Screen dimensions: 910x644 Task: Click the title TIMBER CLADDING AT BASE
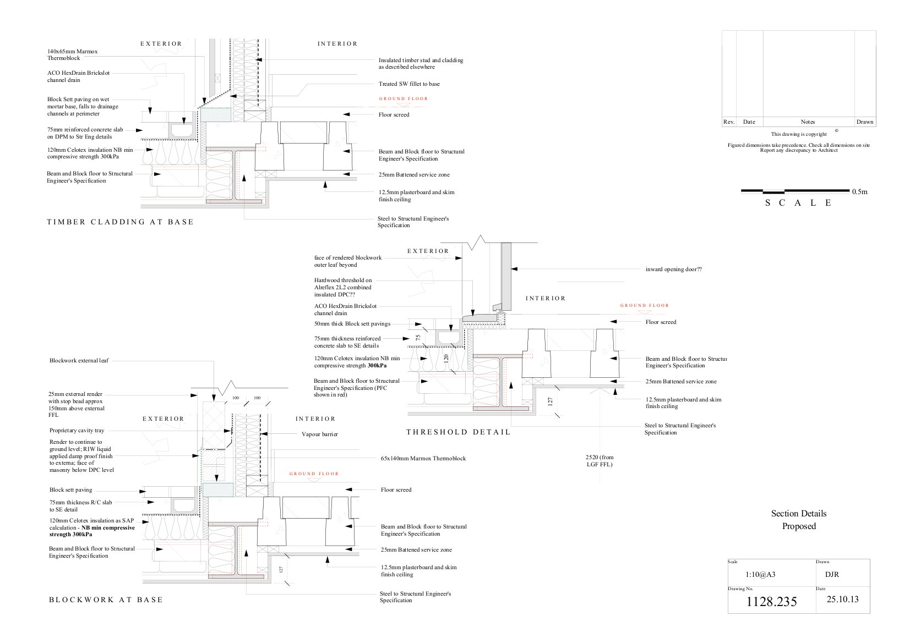[x=120, y=222]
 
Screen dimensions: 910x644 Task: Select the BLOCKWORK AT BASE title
[x=106, y=600]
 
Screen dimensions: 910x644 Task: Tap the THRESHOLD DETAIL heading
[x=458, y=432]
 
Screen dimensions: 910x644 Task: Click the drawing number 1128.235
[x=771, y=602]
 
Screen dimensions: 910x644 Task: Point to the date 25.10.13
[x=843, y=599]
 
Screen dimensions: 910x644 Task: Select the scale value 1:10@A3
[x=760, y=575]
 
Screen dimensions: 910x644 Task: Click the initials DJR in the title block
[x=832, y=575]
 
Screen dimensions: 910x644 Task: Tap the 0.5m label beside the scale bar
[x=859, y=192]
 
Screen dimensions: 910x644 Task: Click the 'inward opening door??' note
[x=674, y=269]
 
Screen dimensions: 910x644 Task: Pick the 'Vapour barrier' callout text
[x=320, y=434]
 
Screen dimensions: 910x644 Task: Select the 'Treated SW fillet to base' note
[x=409, y=84]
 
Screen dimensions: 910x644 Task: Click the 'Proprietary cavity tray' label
[x=77, y=431]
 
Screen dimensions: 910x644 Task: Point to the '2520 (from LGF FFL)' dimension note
[x=600, y=461]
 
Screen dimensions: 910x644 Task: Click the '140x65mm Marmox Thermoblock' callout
[x=72, y=55]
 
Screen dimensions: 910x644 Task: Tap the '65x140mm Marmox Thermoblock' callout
[x=423, y=459]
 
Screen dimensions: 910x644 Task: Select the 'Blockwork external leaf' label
[x=79, y=360]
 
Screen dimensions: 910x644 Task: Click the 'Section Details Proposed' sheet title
[x=799, y=520]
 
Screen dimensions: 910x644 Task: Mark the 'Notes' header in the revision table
[x=808, y=122]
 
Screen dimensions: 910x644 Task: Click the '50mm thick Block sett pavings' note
[x=352, y=324]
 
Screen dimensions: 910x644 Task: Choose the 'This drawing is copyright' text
[x=799, y=134]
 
